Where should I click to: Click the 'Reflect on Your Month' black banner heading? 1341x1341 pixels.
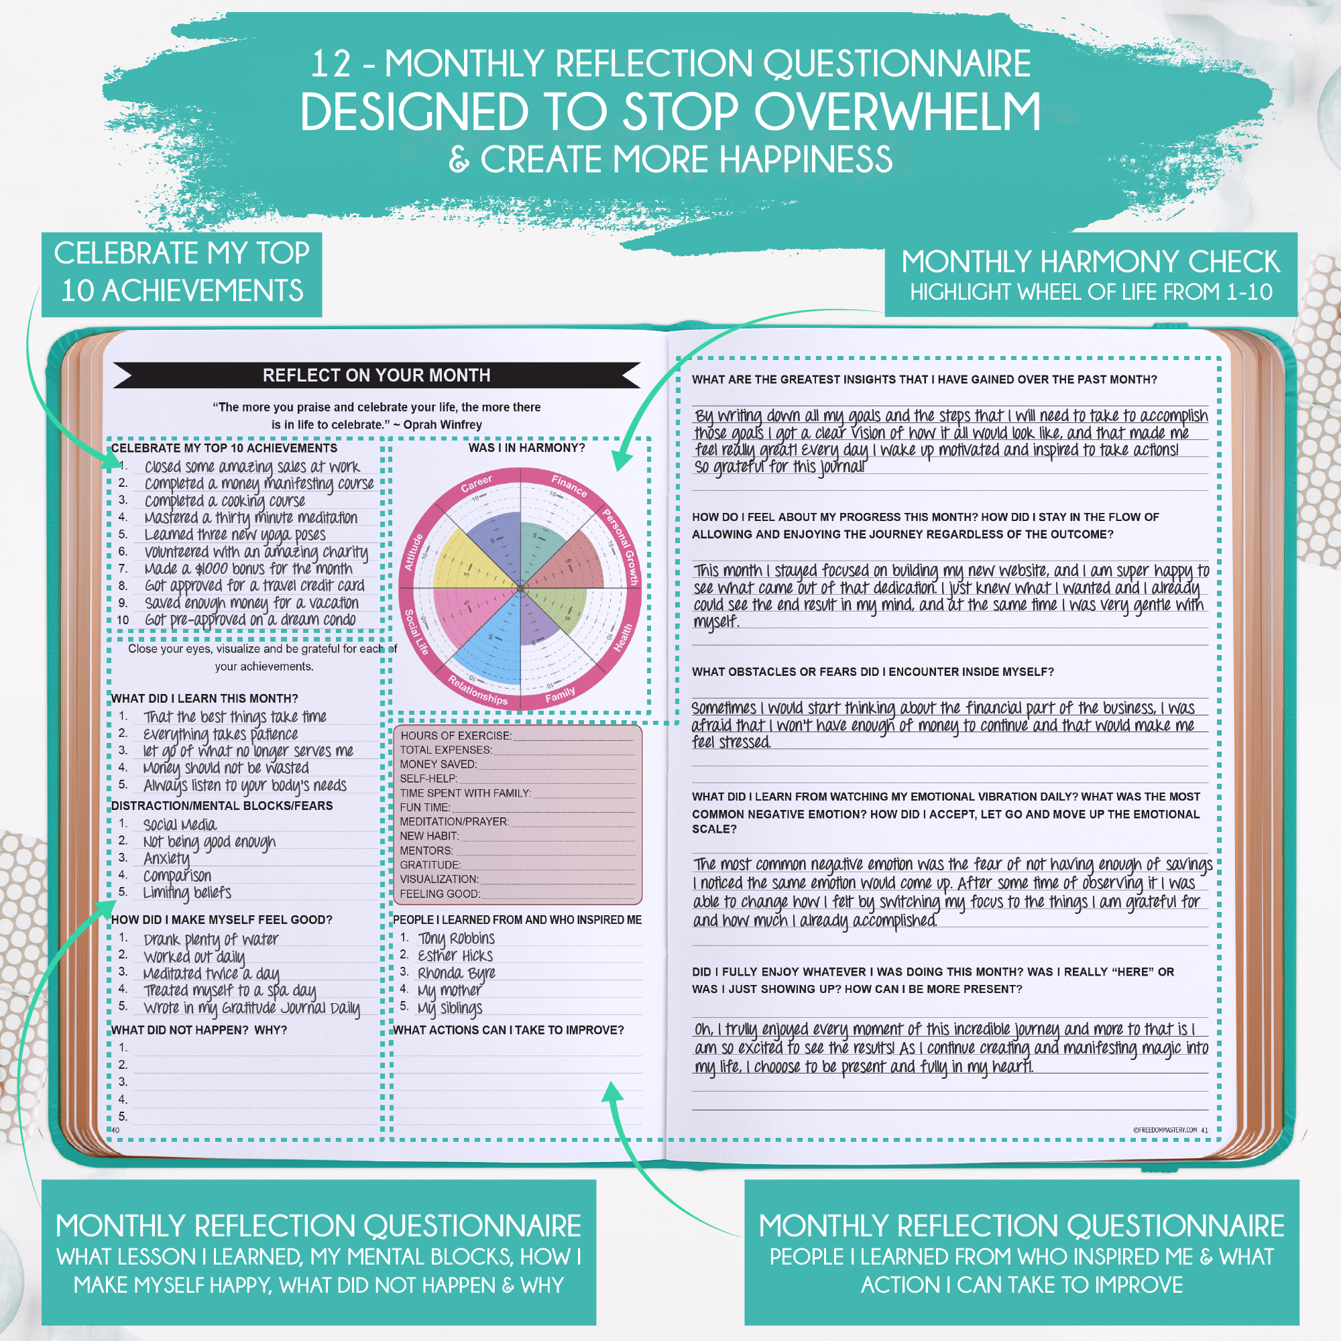[376, 375]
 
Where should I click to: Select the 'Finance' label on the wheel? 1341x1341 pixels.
[569, 485]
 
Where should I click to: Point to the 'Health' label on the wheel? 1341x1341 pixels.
[623, 637]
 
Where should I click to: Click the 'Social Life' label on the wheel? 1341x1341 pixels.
[416, 632]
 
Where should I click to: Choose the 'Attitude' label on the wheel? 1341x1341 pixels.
[414, 552]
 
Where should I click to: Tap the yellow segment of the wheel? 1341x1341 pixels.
[465, 563]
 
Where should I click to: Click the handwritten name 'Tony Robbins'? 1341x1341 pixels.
[456, 939]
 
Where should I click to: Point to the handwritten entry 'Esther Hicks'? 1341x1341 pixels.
[455, 955]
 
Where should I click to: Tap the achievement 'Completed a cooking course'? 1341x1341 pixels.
[225, 501]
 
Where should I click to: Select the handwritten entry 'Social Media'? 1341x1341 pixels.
[180, 825]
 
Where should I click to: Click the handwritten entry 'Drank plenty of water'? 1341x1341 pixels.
[211, 940]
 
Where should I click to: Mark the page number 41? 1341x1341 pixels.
[1205, 1130]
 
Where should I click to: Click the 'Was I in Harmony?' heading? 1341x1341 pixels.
[526, 448]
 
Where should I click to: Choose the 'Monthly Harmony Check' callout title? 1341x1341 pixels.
[1090, 261]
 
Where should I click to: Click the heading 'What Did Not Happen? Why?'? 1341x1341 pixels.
[199, 1030]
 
